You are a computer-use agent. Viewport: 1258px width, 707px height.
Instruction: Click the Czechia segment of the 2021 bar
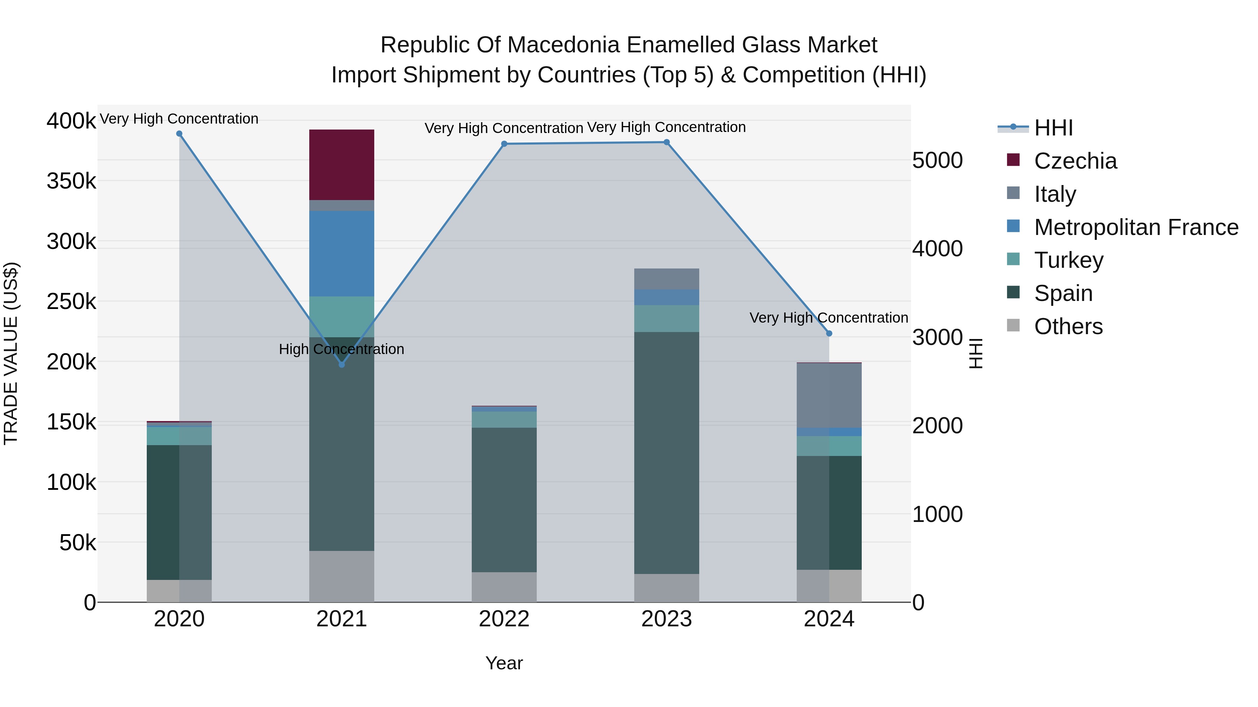coord(341,164)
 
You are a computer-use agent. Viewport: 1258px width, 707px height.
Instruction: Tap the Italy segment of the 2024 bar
coord(829,395)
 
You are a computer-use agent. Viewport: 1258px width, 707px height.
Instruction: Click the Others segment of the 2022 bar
coord(504,587)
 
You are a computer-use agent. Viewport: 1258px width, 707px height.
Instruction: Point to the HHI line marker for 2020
coord(179,134)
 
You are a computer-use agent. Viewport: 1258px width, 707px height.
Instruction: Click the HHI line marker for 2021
coord(341,364)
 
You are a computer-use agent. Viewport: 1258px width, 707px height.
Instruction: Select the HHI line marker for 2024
coord(829,333)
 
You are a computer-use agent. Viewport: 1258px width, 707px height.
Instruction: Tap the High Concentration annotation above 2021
coord(341,349)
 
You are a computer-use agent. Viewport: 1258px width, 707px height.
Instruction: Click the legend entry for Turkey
coord(1069,260)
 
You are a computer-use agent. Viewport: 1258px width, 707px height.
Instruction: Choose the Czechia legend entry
coord(1075,161)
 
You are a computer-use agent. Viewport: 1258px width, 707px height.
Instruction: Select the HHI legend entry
coord(1053,128)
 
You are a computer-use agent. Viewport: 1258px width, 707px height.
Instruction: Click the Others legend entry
coord(1068,326)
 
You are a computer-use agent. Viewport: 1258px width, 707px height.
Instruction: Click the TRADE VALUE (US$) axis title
coord(11,353)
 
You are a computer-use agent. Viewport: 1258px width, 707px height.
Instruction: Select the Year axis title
coord(504,663)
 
